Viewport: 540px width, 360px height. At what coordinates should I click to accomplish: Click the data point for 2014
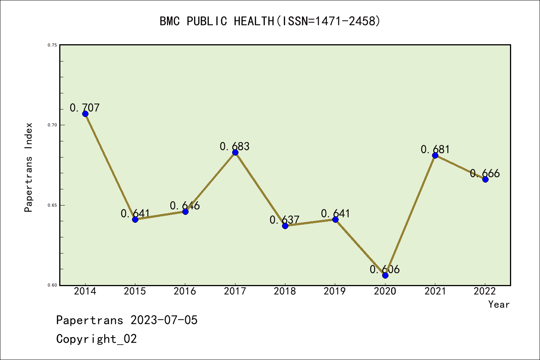[85, 114]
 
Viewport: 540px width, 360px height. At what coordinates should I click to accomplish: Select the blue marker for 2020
[385, 275]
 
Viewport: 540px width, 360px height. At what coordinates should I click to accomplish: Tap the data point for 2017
[235, 152]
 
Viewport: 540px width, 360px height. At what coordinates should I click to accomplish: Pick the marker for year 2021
[435, 155]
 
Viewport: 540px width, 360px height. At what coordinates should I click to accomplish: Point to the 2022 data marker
[485, 179]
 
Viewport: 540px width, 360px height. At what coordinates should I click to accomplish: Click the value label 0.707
[85, 108]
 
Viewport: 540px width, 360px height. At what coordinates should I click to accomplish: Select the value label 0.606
[385, 269]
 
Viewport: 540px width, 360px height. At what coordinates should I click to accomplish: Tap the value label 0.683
[235, 146]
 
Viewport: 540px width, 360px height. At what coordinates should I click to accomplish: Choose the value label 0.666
[485, 173]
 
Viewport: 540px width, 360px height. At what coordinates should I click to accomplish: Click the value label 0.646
[185, 205]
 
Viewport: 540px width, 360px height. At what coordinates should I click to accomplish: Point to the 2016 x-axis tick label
[185, 291]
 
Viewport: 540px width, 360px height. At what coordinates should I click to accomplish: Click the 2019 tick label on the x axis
[335, 291]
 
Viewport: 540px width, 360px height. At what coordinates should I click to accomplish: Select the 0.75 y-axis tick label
[52, 45]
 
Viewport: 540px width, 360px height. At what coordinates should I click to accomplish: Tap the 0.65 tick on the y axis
[52, 205]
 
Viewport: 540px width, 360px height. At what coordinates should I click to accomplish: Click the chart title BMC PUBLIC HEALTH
[270, 21]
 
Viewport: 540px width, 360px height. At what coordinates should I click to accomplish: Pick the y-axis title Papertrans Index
[29, 167]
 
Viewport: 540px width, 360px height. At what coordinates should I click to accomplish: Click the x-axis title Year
[499, 304]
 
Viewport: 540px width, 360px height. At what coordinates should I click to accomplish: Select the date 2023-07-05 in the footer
[164, 320]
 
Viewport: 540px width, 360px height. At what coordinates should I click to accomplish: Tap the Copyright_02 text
[97, 339]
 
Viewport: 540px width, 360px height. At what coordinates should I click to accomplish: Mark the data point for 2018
[285, 225]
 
